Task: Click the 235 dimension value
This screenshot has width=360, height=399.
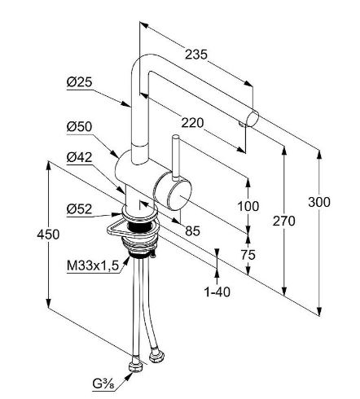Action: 196,55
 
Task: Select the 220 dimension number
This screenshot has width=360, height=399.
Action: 192,123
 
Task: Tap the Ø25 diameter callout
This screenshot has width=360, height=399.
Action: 80,82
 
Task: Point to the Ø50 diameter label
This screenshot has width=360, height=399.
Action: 80,127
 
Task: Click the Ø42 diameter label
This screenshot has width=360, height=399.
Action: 80,157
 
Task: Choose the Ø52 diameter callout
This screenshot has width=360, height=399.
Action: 80,209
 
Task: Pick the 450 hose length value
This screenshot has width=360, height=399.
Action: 48,235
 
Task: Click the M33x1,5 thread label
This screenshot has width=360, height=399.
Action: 93,265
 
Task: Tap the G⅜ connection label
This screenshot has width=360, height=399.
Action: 103,384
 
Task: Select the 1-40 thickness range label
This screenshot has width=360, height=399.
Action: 217,292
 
